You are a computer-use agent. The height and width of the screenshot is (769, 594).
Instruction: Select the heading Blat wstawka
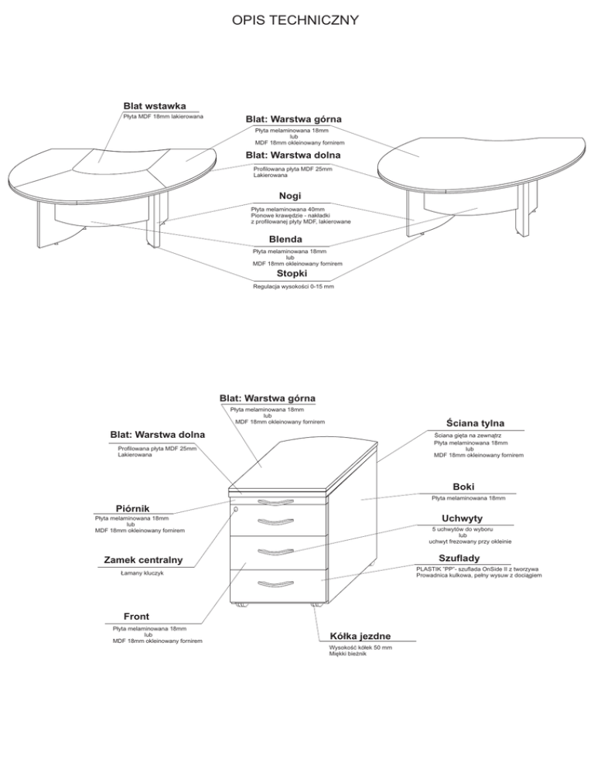click(153, 105)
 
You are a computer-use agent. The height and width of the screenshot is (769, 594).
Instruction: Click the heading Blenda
click(285, 238)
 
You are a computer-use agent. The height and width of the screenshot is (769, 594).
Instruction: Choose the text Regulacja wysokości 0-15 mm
click(294, 286)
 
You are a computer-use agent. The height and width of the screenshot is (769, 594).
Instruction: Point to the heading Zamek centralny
click(143, 560)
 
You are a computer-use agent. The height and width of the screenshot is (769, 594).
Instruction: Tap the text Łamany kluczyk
click(142, 574)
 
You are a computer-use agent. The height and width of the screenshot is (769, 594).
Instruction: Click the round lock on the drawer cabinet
click(235, 509)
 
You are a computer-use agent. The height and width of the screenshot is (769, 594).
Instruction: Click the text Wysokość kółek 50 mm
click(360, 648)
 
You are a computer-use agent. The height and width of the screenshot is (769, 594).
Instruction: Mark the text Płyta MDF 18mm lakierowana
click(163, 117)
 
